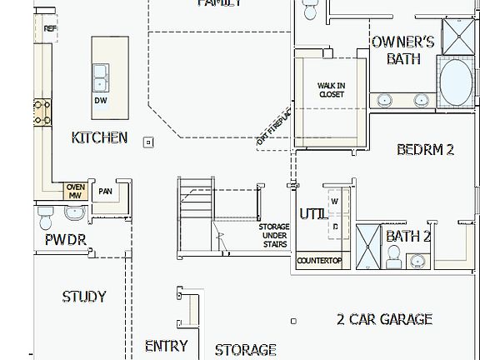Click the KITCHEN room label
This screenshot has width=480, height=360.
point(99,137)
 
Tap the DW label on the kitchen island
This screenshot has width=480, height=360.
point(100,100)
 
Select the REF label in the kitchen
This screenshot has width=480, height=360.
point(50,28)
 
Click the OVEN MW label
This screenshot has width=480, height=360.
point(75,191)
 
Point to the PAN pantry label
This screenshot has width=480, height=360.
point(105,192)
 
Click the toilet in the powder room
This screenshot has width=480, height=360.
point(46,218)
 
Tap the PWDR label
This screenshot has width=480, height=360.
point(65,242)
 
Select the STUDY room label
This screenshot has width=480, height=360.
point(84,296)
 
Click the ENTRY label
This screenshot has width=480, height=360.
point(166,345)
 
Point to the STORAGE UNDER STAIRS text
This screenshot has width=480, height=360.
point(273,235)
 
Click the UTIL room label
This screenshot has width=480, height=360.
point(312,213)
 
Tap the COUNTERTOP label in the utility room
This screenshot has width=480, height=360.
point(319,261)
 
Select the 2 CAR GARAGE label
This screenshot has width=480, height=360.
point(384,318)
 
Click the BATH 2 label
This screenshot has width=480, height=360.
point(407,237)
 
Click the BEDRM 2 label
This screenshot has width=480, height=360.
point(425,150)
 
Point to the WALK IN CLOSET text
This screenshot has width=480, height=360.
point(331,90)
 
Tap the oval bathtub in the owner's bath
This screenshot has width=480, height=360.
point(455,82)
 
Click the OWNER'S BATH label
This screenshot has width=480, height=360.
point(402,50)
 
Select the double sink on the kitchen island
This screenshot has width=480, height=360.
point(102,77)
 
